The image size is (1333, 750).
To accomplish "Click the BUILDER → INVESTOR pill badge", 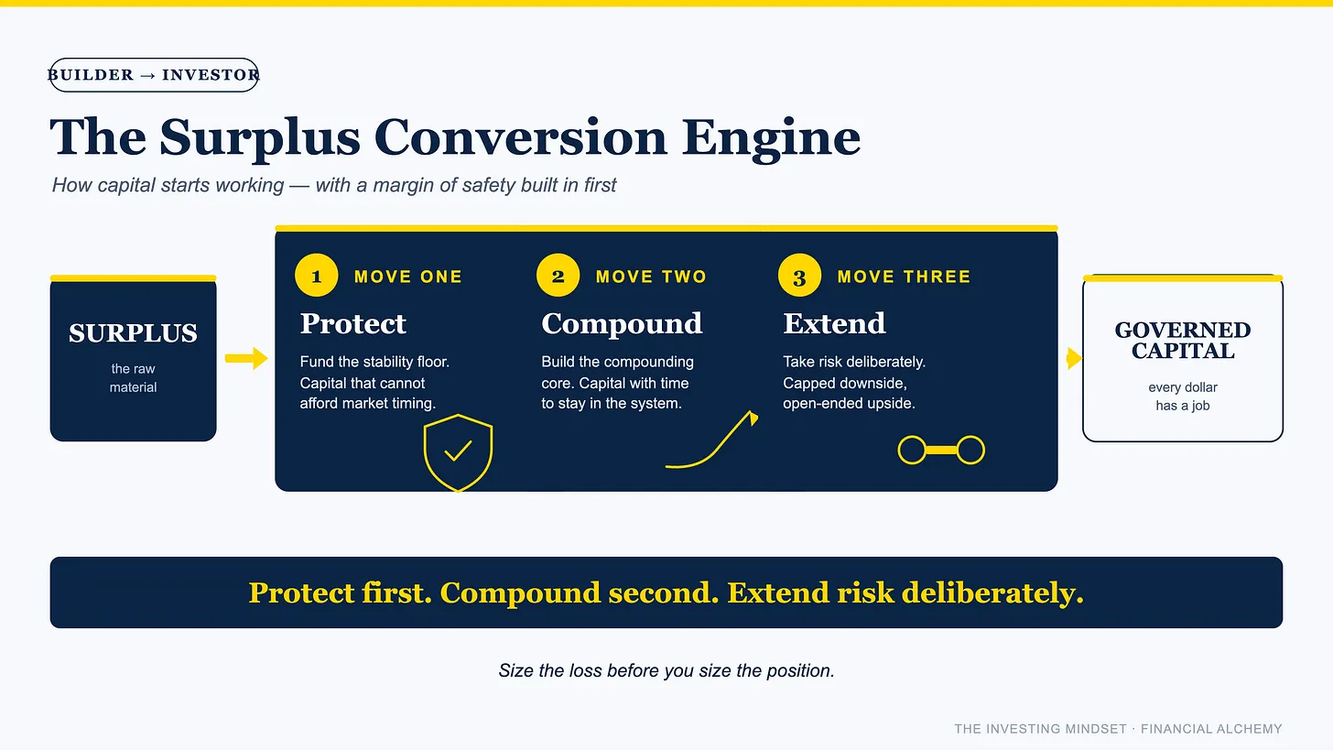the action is coord(154,75).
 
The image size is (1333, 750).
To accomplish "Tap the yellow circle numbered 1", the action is coord(317,276).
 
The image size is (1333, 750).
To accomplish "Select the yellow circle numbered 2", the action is coord(558,276).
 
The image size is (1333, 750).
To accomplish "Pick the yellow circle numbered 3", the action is coord(800,276).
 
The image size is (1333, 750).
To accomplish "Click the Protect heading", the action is coord(352,324).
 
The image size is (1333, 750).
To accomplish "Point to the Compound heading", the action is coord(622,324).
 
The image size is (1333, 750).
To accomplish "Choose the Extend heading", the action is coord(834,324).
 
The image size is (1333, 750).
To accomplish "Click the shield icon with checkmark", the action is coord(458,452).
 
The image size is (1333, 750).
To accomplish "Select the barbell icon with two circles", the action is coord(941,450).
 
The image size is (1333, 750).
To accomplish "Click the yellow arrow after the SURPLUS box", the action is coord(246,358).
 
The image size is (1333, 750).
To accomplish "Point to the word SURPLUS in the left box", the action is coord(134,333).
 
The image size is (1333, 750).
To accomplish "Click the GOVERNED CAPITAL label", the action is coord(1183,341).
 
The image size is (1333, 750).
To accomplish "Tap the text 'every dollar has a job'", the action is coord(1183,397).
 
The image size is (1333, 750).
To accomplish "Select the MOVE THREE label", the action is coord(904,277).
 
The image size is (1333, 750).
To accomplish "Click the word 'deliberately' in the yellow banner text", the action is coord(992,593).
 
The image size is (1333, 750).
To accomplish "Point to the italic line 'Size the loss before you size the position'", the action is coord(666,671).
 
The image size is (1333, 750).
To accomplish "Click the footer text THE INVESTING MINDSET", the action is coord(1040,729).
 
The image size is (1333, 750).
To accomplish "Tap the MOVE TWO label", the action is coord(651,277).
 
